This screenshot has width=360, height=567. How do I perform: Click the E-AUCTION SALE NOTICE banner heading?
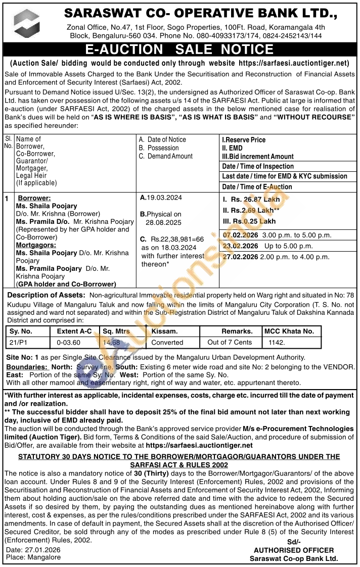coord(179,50)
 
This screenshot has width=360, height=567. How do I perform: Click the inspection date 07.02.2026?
coord(241,235)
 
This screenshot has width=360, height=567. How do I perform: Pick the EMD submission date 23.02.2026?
coord(241,246)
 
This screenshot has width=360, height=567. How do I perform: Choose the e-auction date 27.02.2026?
coord(241,257)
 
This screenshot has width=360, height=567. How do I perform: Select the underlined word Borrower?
coord(34,198)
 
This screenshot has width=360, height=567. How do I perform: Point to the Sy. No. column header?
coord(21,332)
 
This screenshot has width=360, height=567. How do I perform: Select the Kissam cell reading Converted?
coord(167,342)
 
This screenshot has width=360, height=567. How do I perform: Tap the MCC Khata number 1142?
coord(277,342)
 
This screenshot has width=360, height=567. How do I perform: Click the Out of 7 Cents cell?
coord(230,342)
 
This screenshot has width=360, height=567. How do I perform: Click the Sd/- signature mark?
coord(293,542)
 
